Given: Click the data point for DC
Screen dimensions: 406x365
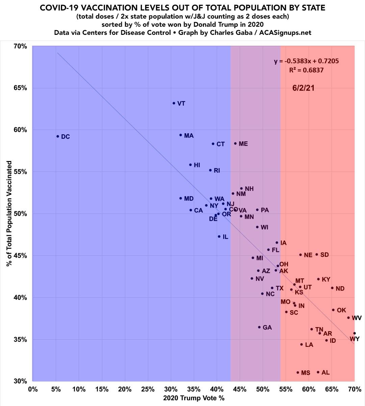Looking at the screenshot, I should pyautogui.click(x=58, y=136).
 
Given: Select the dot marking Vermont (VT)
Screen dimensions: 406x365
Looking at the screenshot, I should pyautogui.click(x=174, y=103).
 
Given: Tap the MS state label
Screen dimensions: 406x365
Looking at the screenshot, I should pyautogui.click(x=306, y=373).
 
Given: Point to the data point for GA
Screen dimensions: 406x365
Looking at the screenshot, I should pyautogui.click(x=259, y=327).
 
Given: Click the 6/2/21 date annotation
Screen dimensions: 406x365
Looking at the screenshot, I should pyautogui.click(x=303, y=88).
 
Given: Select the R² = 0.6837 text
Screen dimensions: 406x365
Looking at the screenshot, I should pyautogui.click(x=306, y=70).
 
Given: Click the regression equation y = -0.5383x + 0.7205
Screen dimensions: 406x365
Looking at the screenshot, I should pyautogui.click(x=306, y=61).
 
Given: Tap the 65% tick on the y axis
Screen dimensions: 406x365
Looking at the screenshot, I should pyautogui.click(x=20, y=88).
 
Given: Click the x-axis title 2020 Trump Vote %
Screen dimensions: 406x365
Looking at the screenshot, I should pyautogui.click(x=193, y=398).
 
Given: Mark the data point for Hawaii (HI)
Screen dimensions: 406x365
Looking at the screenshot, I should pyautogui.click(x=190, y=165).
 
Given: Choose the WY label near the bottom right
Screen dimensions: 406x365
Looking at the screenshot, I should pyautogui.click(x=355, y=339).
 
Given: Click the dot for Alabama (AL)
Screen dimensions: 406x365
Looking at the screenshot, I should pyautogui.click(x=318, y=372).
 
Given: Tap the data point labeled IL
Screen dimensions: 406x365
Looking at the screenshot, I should pyautogui.click(x=219, y=236).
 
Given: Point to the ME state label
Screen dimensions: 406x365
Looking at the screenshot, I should pyautogui.click(x=243, y=144).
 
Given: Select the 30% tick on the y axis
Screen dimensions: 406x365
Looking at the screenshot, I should pyautogui.click(x=20, y=381).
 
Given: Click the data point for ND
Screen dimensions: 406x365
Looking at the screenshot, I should pyautogui.click(x=332, y=288).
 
